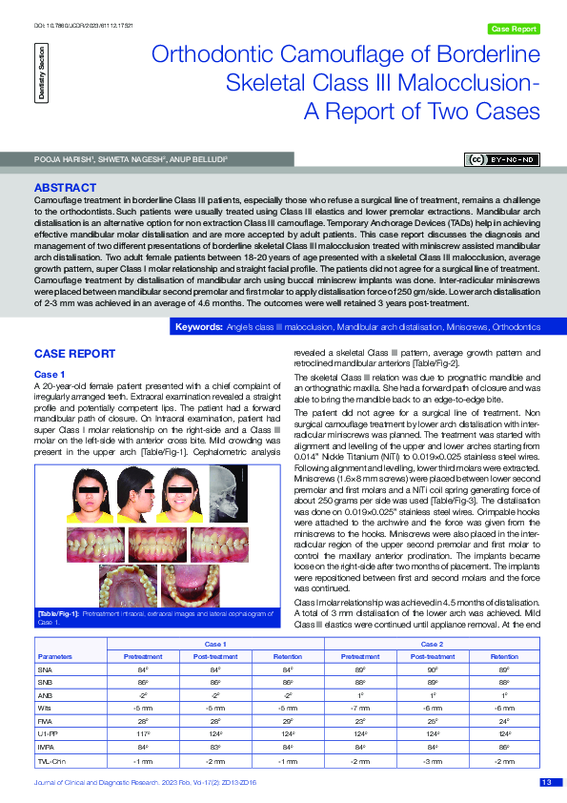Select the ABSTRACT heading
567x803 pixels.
(65, 188)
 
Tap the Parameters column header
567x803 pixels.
(54, 656)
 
